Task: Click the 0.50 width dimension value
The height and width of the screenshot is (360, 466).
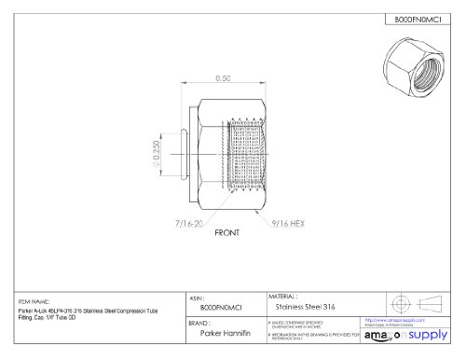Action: (x=221, y=78)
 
